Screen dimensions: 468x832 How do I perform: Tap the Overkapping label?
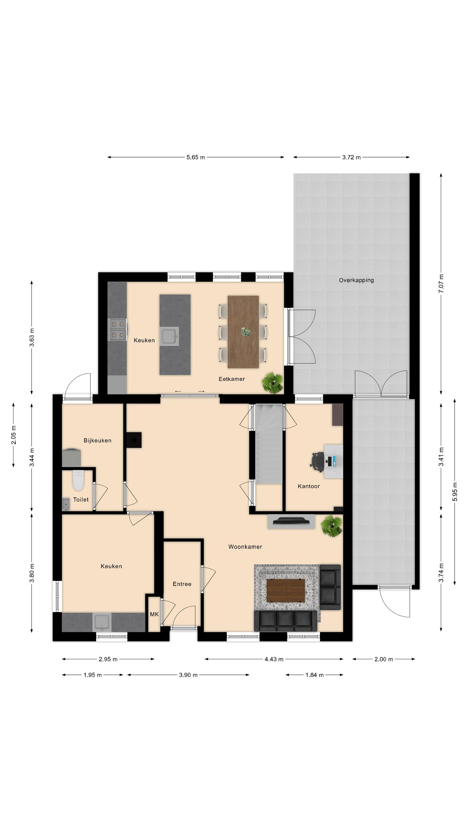pos(356,280)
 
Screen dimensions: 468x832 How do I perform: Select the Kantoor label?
pos(309,486)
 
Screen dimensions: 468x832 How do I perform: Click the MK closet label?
pos(154,614)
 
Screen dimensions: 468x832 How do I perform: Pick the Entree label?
pos(182,584)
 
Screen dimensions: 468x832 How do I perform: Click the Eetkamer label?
pos(232,379)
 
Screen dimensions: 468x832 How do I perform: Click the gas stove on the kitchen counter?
pos(118,329)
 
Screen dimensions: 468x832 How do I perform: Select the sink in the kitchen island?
pos(169,336)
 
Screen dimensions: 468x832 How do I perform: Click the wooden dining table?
pos(243,332)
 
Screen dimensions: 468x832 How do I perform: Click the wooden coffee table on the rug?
pos(286,591)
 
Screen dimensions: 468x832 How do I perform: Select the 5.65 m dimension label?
pos(195,157)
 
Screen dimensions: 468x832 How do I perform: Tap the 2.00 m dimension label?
pos(384,659)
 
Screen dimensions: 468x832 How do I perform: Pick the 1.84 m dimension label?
pos(314,675)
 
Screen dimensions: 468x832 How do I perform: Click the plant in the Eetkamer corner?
pos(272,383)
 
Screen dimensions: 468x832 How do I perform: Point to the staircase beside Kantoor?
pos(268,444)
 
